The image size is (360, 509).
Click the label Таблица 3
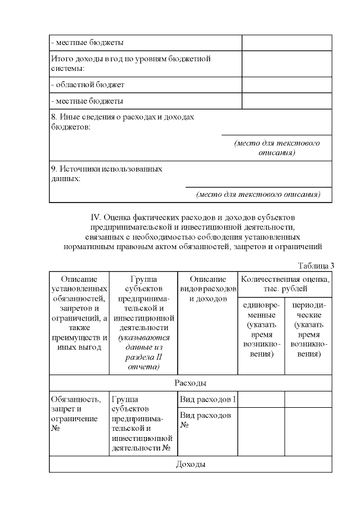[316, 265]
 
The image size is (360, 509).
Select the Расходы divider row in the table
[190, 383]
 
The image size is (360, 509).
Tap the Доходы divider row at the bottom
[190, 464]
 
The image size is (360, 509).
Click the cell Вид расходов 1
[207, 399]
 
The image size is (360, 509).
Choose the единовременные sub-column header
[261, 329]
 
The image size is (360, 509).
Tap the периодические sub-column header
[308, 329]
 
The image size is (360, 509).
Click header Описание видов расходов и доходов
[208, 289]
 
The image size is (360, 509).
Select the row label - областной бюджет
[87, 85]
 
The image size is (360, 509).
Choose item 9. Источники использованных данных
[107, 173]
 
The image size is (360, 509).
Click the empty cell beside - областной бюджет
[286, 85]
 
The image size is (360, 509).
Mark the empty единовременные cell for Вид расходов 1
[261, 399]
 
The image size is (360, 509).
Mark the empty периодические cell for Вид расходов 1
[308, 399]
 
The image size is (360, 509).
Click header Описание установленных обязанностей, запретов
[78, 312]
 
